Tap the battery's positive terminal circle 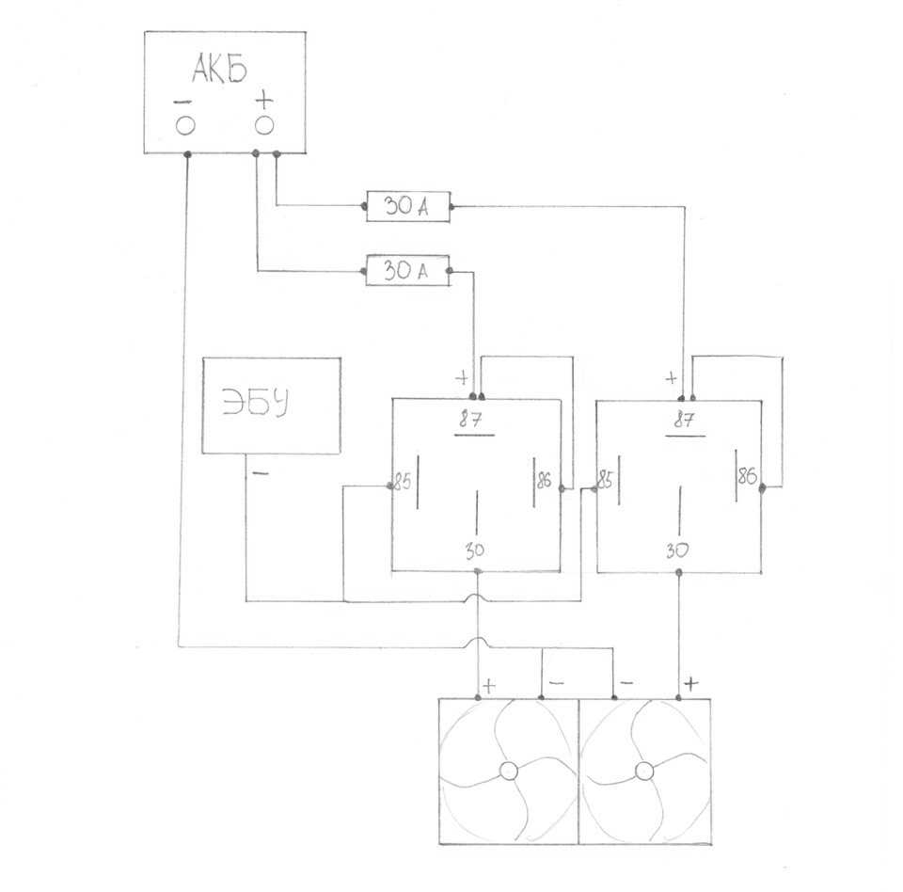(x=264, y=124)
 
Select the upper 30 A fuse (x=406, y=206)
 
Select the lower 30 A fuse (x=405, y=271)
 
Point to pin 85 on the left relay (x=403, y=485)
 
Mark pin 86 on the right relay (x=747, y=477)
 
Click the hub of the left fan (x=509, y=772)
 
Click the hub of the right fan (x=644, y=772)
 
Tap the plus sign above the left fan (x=488, y=686)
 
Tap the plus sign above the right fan (x=690, y=683)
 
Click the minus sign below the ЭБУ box (x=261, y=473)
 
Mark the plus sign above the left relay (x=462, y=378)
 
